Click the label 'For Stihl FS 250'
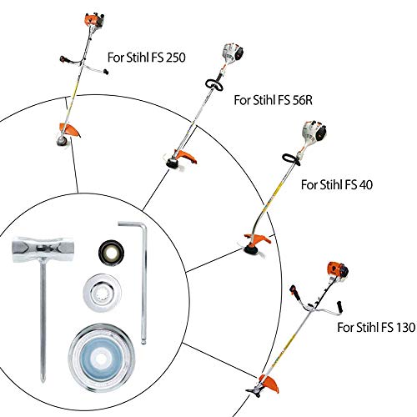(x=147, y=58)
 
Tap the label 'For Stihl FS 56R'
(x=274, y=100)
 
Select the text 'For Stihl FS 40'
(x=337, y=184)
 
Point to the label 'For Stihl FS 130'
(x=376, y=327)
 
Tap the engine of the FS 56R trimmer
(x=233, y=53)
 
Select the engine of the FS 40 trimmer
(x=314, y=132)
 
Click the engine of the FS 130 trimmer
(x=338, y=270)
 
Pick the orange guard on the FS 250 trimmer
(x=70, y=129)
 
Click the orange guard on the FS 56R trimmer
(x=186, y=156)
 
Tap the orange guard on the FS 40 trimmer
(x=258, y=239)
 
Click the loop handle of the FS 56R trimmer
(x=214, y=84)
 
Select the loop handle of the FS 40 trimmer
(x=291, y=159)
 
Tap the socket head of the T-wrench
(x=43, y=249)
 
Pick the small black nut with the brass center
(x=111, y=253)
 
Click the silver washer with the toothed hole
(x=103, y=293)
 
